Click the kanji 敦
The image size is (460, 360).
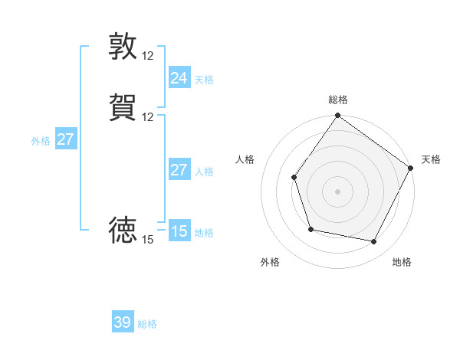123,46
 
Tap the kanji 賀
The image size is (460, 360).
123,107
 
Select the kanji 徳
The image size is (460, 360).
123,230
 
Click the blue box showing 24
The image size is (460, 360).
179,77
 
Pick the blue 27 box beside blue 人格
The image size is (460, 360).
179,170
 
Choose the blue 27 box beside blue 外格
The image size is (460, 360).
65,139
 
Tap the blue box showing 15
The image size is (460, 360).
179,231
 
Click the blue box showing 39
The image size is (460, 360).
123,322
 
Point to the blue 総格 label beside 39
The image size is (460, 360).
147,324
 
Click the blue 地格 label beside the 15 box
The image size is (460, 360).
204,233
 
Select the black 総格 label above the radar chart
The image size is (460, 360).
338,100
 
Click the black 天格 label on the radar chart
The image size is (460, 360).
431,159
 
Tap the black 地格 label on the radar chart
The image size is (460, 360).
402,262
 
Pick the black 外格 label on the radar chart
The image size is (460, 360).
270,262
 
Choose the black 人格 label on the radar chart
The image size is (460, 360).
245,159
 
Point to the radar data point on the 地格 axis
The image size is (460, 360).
374,242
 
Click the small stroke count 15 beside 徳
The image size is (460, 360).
148,240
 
